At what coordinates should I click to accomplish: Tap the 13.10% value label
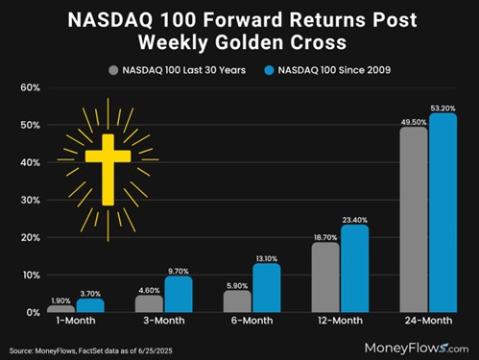(266, 256)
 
